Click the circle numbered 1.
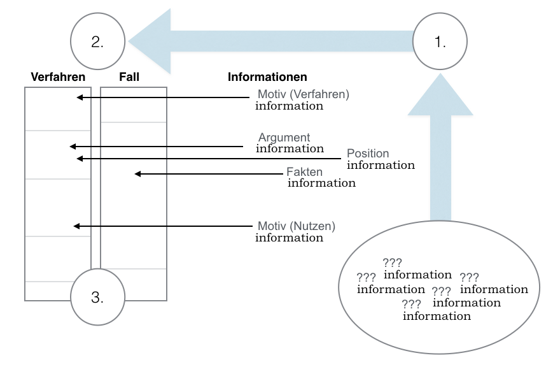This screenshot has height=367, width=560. tap(440, 42)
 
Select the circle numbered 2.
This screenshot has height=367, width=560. tap(97, 42)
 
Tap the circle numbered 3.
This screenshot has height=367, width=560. tap(97, 296)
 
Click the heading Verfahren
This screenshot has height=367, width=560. tap(58, 77)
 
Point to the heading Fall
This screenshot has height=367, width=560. tap(129, 77)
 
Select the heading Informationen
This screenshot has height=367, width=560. tap(267, 77)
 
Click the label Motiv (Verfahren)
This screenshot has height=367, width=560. tap(304, 94)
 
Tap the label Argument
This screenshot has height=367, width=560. tap(284, 137)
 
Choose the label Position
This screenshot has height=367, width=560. tap(368, 154)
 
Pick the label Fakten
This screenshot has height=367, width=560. tap(304, 172)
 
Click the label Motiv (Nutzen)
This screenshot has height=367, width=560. tap(296, 226)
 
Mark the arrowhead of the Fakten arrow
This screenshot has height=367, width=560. tap(137, 173)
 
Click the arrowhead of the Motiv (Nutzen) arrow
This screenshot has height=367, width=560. tap(77, 226)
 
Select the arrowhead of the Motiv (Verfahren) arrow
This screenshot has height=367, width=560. tap(80, 97)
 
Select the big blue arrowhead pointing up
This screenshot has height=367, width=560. tap(440, 94)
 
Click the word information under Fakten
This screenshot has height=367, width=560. tap(321, 183)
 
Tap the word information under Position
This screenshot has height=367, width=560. tap(381, 165)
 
